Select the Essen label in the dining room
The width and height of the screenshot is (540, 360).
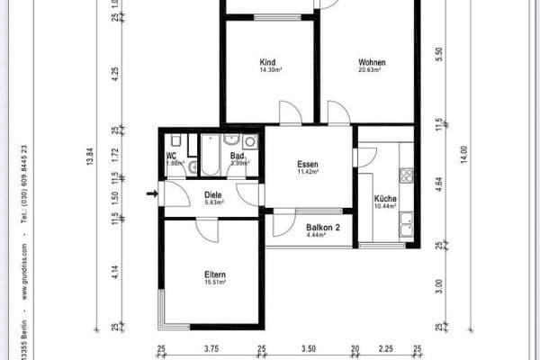(309, 165)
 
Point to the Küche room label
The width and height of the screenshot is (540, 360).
(385, 200)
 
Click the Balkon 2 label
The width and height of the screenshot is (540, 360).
(321, 229)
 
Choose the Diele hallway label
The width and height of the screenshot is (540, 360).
(213, 194)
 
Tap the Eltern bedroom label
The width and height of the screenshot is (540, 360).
(214, 274)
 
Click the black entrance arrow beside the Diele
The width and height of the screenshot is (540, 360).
(152, 192)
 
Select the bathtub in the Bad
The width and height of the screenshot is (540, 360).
(210, 154)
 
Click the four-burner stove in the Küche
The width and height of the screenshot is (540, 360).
(406, 175)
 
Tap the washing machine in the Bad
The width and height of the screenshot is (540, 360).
(249, 141)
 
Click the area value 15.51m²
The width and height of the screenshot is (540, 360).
(214, 283)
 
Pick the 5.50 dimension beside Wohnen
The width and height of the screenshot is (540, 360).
(439, 53)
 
